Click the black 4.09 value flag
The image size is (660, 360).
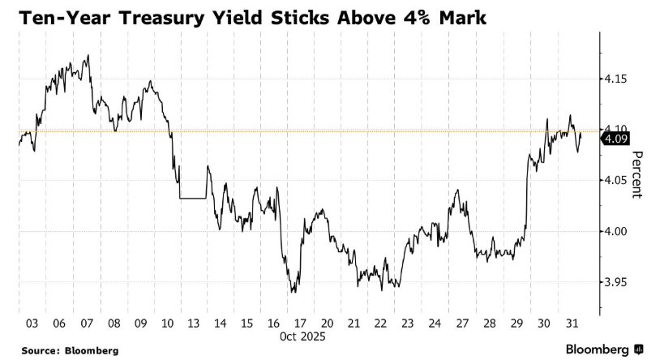point(613,139)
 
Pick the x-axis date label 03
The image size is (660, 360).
point(32,323)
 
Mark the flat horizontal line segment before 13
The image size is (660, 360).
point(194,198)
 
